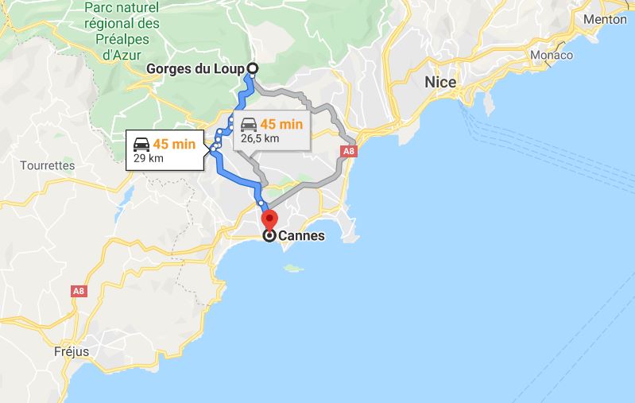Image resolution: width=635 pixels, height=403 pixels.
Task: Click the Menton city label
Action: pyautogui.click(x=605, y=19)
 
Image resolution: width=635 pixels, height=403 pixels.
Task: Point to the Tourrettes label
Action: pyautogui.click(x=49, y=166)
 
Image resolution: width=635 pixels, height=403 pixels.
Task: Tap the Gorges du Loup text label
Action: pyautogui.click(x=196, y=68)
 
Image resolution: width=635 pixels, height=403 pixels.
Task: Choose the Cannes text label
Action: pyautogui.click(x=301, y=236)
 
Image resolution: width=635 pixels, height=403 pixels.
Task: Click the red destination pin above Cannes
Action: pyautogui.click(x=269, y=219)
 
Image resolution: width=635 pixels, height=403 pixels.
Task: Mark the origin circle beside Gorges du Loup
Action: pyautogui.click(x=253, y=68)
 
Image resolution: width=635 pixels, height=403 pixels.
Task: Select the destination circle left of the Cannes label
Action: pyautogui.click(x=269, y=236)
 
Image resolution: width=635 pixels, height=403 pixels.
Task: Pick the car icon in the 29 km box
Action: pyautogui.click(x=141, y=144)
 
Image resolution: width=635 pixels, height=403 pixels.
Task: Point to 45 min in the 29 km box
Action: pyautogui.click(x=172, y=144)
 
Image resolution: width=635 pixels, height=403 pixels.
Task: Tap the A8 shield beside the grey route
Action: pyautogui.click(x=347, y=151)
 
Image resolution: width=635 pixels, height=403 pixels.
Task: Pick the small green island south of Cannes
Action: pyautogui.click(x=295, y=269)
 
